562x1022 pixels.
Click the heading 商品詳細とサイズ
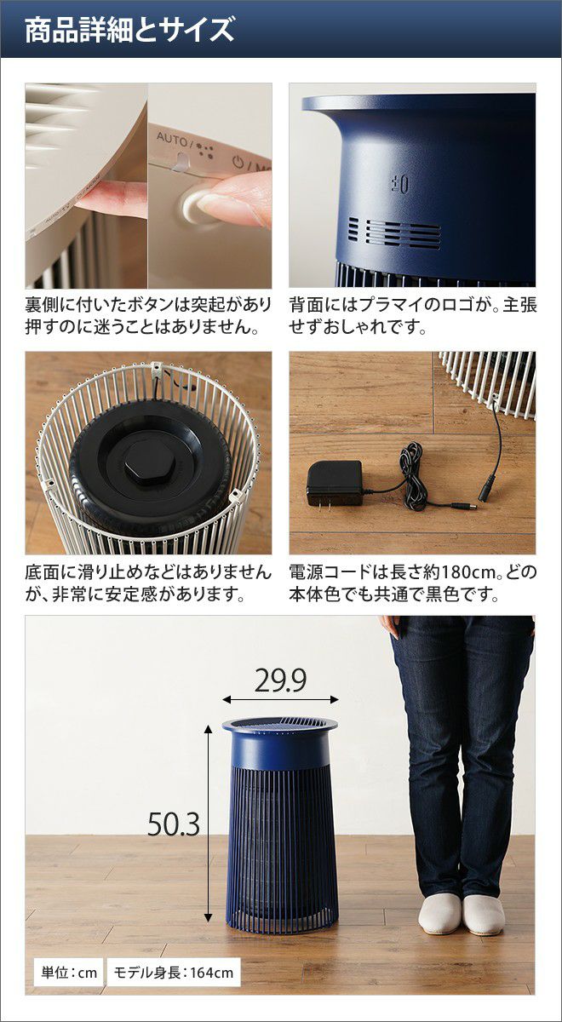coord(129,30)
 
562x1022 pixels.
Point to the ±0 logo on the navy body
coord(399,184)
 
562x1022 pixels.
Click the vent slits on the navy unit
coord(394,233)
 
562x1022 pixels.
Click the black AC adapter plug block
coord(335,484)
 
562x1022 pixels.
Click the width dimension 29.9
coord(280,680)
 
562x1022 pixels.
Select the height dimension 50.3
coord(174,824)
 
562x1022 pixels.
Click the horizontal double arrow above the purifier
coord(280,700)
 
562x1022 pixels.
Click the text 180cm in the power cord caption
coord(467,571)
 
